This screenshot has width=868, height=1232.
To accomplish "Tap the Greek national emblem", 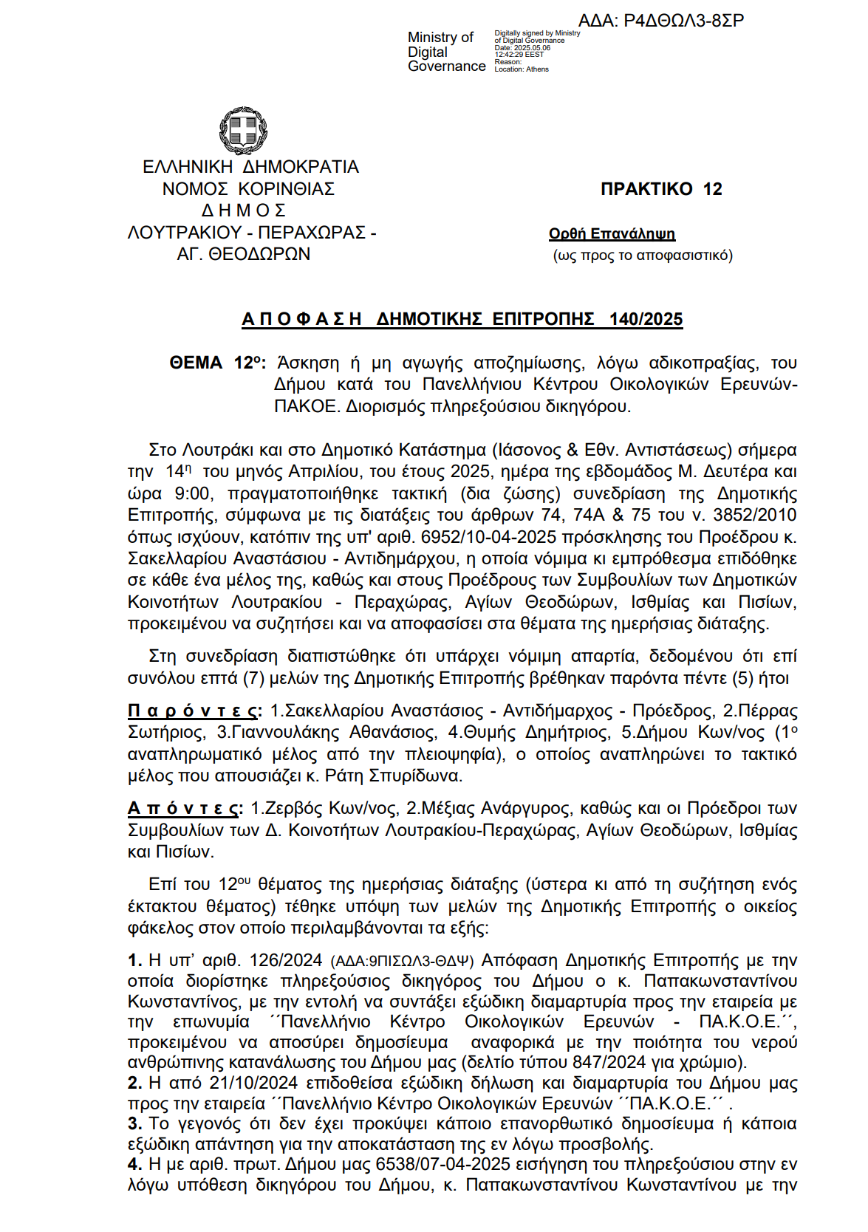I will tap(243, 131).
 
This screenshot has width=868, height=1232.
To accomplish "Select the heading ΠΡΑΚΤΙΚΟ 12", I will tap(661, 189).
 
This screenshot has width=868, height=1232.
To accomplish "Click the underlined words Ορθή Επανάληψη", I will tap(612, 234).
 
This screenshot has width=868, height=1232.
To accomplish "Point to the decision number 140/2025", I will tap(646, 319).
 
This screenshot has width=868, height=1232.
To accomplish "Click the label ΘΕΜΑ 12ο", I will tap(217, 363).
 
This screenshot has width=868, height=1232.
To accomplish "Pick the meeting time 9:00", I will tap(193, 493).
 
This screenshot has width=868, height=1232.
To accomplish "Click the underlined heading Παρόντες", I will tap(194, 711).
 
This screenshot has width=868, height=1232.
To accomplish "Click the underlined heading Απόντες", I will tap(185, 808).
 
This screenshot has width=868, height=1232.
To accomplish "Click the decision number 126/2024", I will tap(286, 960).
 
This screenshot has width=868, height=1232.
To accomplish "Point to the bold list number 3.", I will tap(134, 1123).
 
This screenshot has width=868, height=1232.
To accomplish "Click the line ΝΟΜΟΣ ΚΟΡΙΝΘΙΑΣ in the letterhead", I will tap(248, 189).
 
